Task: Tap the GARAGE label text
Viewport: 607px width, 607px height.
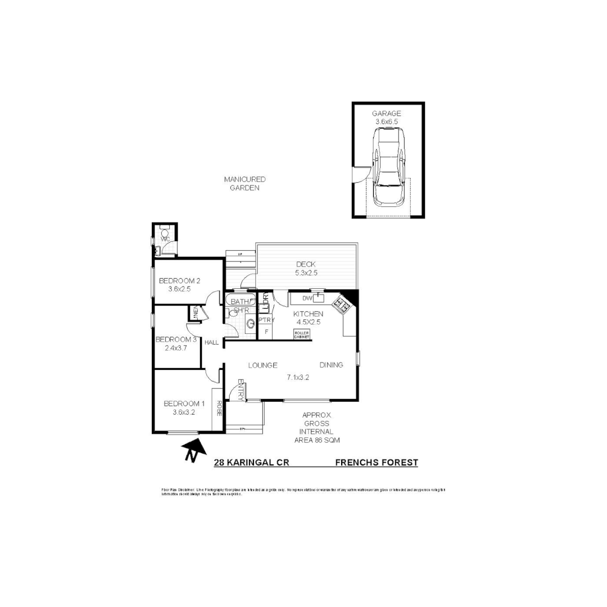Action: click(386, 114)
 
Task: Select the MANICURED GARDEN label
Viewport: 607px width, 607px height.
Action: click(244, 184)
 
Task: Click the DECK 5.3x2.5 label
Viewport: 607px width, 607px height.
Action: click(306, 269)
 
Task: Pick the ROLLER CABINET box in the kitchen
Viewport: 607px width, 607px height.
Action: click(302, 334)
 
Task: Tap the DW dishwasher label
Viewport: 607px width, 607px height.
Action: click(307, 298)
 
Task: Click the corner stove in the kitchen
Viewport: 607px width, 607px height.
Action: click(341, 305)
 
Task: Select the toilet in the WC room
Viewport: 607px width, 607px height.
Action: click(165, 233)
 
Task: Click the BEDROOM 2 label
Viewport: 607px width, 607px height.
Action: click(179, 284)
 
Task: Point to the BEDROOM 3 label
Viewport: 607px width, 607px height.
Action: click(176, 343)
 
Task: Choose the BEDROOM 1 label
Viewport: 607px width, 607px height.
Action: click(184, 407)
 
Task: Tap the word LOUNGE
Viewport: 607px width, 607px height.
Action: click(262, 365)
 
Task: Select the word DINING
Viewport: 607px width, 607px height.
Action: click(331, 365)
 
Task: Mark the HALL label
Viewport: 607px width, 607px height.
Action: click(212, 342)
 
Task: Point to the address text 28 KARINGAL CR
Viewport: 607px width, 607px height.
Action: click(251, 463)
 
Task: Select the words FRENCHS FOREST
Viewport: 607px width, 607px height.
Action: click(377, 463)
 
